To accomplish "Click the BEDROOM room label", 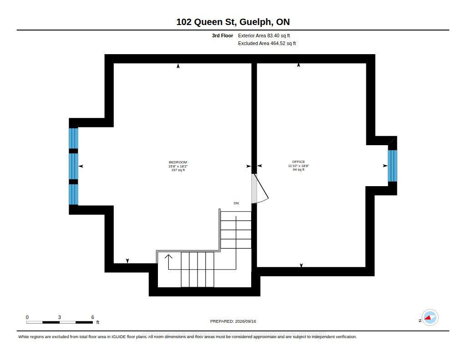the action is pos(178,162).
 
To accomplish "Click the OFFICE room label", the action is pos(299,162).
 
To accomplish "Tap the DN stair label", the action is pos(236,203).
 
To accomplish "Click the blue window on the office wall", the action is pos(393,166).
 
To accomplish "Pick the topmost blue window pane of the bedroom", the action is pos(73,138).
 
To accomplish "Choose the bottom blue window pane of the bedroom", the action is pos(73,194).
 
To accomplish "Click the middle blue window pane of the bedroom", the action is pos(73,166).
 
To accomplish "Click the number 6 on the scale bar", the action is pos(93,317).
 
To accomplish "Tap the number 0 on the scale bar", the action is pos(27,317).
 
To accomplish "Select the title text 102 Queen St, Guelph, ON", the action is pos(233,22).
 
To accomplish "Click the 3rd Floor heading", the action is pos(222,35).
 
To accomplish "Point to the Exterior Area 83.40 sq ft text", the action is pos(264,35).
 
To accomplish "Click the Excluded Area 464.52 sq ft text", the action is pos(267,43).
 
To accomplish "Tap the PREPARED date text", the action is pos(233,321).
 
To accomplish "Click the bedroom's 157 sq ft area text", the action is pos(178,170).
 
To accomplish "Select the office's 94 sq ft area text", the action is pos(299,169).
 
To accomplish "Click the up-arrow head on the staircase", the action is pos(168,257).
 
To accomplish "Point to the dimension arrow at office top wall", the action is pos(299,65).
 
